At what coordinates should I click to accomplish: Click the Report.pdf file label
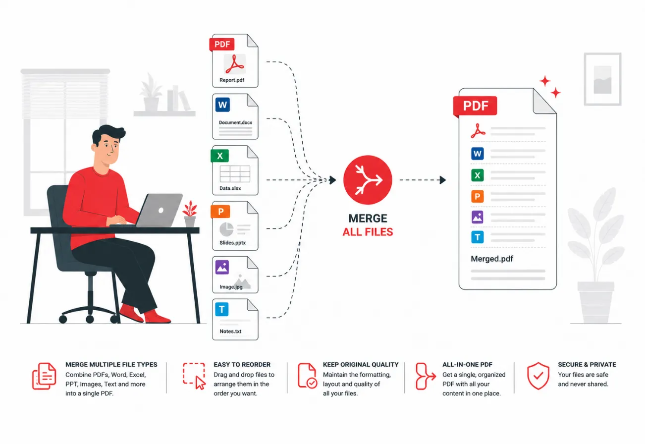(x=232, y=80)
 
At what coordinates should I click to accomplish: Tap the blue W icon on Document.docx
(x=222, y=105)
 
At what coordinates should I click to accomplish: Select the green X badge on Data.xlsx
(x=219, y=156)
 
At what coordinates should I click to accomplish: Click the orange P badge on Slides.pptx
(x=220, y=212)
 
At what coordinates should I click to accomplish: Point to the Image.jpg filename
(x=231, y=287)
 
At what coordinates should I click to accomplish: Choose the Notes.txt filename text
(x=230, y=332)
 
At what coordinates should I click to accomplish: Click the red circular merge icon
(x=368, y=180)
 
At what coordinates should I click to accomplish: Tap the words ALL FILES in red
(x=368, y=232)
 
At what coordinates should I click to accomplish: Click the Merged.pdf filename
(x=492, y=259)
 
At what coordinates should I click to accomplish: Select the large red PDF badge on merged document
(x=475, y=106)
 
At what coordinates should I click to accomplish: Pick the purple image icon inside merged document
(x=478, y=217)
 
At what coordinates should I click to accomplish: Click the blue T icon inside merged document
(x=478, y=237)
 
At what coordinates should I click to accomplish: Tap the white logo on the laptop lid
(x=161, y=210)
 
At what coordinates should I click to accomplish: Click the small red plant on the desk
(x=190, y=214)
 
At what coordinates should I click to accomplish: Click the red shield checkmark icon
(x=538, y=376)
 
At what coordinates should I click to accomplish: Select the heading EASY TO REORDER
(x=242, y=365)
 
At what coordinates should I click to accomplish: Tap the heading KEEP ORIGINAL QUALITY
(x=361, y=365)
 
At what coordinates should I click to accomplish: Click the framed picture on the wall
(x=602, y=79)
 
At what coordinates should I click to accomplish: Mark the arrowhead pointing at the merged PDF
(x=443, y=180)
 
